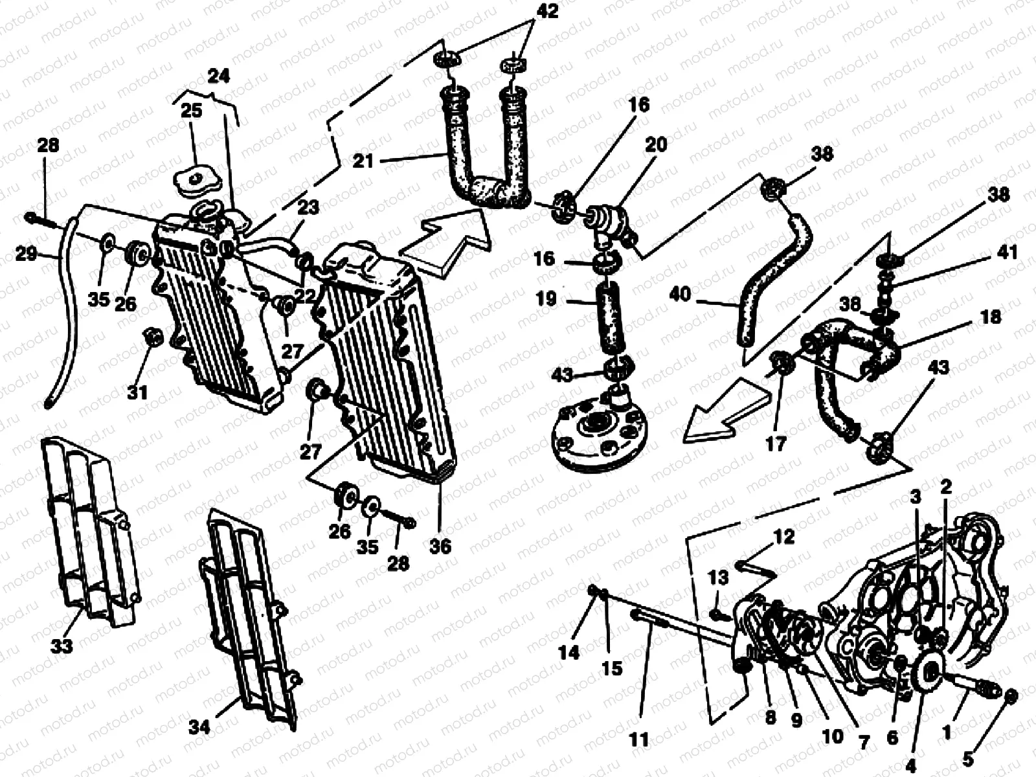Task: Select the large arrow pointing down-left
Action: click(x=719, y=414)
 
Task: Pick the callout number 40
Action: click(x=681, y=295)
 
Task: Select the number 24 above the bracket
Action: click(x=218, y=76)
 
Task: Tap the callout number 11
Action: click(x=639, y=739)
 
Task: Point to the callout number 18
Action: click(x=991, y=317)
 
